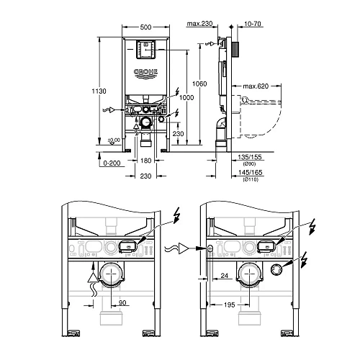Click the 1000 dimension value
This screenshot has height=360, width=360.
[187, 97]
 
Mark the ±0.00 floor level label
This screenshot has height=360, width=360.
[113, 140]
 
